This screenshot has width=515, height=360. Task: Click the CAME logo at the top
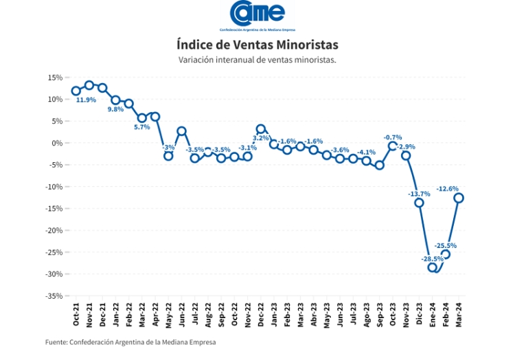pos(257,15)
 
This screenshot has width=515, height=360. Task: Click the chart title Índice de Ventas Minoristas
pos(257,45)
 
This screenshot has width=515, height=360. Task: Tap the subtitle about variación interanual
pos(257,60)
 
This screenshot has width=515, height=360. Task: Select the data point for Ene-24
pos(433,267)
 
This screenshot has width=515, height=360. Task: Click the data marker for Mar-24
pos(459,198)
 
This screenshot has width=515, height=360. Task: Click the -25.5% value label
pos(446,245)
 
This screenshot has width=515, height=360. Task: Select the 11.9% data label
pos(86,100)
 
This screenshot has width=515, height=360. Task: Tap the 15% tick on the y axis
pos(55,78)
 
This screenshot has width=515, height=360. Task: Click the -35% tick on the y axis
pos(54,296)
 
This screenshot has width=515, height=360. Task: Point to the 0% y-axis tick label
pos(57,143)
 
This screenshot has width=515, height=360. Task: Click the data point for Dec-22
pos(261,129)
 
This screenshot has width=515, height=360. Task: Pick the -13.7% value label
pos(419,194)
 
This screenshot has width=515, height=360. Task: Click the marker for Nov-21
pos(89,85)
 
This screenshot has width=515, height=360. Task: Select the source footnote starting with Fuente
pos(130,342)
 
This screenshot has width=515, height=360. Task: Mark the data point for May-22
pos(168,156)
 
